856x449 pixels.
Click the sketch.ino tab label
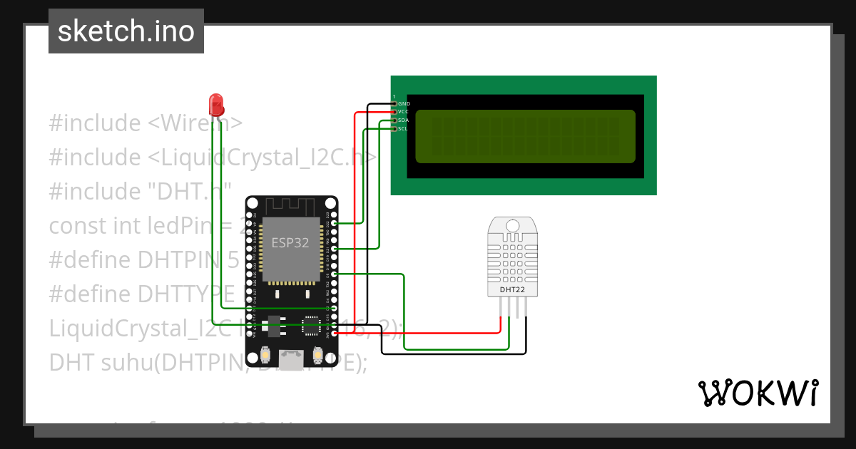126,31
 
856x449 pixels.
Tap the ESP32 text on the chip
290,242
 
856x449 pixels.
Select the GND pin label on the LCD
404,104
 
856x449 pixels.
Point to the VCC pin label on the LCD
403,112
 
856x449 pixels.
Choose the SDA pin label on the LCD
403,120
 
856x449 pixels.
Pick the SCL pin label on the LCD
403,129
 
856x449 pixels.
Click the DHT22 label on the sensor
513,290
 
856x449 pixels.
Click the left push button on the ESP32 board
265,354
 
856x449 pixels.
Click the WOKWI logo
758,393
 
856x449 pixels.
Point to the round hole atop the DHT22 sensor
513,226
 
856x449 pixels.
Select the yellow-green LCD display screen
525,136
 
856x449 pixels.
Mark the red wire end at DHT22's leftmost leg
501,317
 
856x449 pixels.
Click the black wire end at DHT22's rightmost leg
526,317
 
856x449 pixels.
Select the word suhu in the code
122,363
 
